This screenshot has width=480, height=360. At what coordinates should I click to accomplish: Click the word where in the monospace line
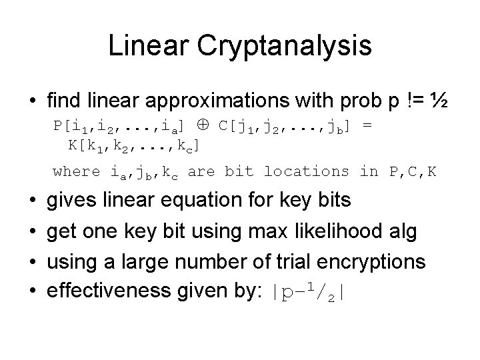coord(76,172)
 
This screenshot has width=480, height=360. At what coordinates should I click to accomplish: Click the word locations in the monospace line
coord(307,172)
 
